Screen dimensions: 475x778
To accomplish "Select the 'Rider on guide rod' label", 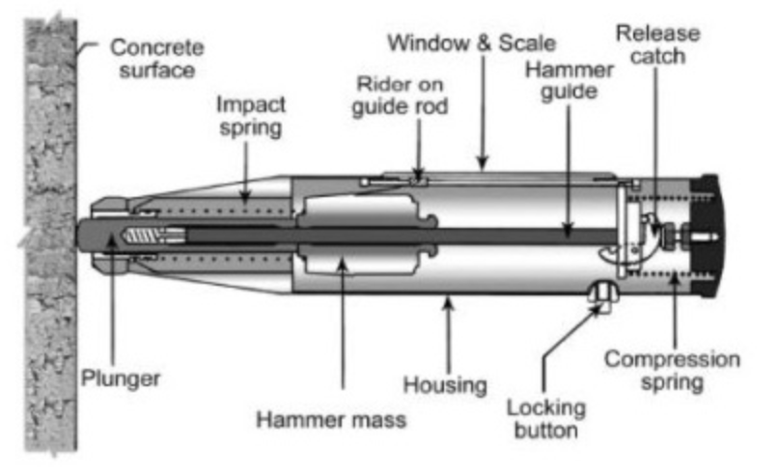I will pos(400,94).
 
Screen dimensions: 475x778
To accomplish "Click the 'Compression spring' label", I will pos(673,371).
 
